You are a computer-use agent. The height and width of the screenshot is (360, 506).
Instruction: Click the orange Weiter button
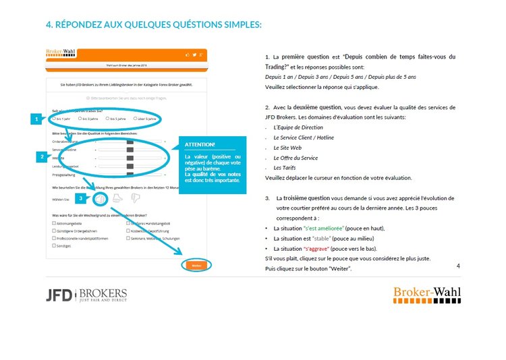pos(196,265)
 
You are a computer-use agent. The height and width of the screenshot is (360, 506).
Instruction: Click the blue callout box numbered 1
pos(36,119)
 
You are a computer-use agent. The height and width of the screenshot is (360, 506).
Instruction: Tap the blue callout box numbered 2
pos(42,156)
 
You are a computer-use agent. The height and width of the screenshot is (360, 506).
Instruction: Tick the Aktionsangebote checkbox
pos(54,222)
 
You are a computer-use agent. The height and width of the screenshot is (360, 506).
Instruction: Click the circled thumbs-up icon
pos(100,199)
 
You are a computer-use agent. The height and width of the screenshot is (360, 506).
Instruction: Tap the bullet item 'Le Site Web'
pos(287,147)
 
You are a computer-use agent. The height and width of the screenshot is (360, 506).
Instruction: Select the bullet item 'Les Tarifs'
pos(284,167)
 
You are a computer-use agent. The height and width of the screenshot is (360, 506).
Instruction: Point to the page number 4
pos(458,266)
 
